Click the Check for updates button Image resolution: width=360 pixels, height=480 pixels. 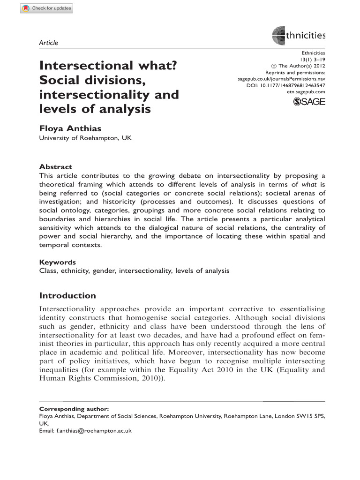[46, 9]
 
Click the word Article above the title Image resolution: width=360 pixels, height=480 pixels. [49, 43]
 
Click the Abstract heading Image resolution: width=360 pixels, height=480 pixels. [56, 167]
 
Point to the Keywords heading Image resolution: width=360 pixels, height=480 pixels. [58, 262]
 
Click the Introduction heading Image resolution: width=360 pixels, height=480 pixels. [67, 296]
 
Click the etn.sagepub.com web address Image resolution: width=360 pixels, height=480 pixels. [305, 92]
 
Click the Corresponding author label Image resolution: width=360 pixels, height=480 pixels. [74, 409]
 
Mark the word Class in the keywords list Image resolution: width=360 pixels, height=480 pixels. [48, 271]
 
